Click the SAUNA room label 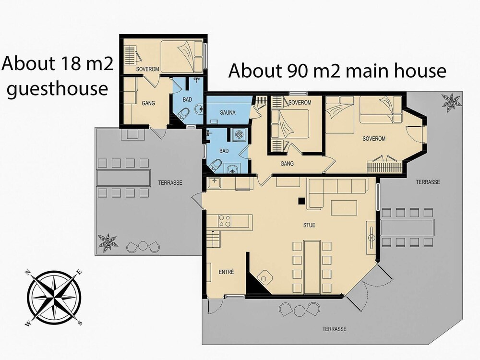(228, 113)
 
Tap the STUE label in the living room (309, 225)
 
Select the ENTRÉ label (227, 272)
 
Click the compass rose (54, 298)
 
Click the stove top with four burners (225, 221)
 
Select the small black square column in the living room (302, 201)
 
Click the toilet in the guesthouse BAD (183, 114)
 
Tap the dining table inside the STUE (312, 266)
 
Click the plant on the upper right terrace (451, 101)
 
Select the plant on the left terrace (108, 243)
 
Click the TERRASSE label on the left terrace (170, 183)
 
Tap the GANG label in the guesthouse (148, 103)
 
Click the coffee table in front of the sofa (344, 207)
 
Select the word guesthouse (58, 89)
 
